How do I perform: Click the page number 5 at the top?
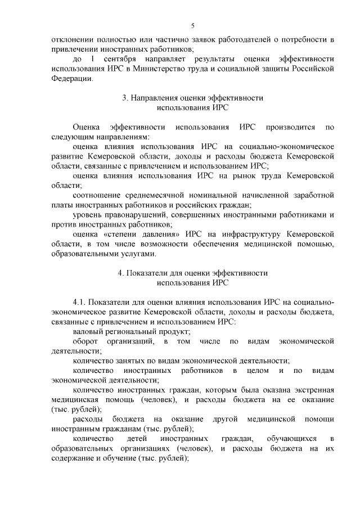coord(192,26)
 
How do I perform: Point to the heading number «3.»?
coord(125,98)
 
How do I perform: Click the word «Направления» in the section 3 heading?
coord(152,98)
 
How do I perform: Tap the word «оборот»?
coord(85,341)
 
